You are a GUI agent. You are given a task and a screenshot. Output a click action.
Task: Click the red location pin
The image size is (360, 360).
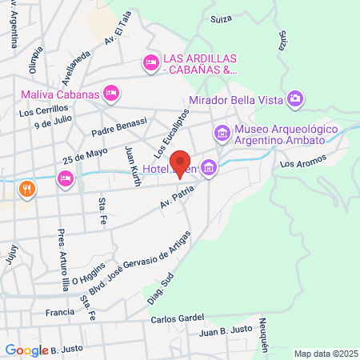pyautogui.click(x=181, y=162)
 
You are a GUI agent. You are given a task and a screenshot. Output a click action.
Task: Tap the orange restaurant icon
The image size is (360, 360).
pyautogui.click(x=27, y=189)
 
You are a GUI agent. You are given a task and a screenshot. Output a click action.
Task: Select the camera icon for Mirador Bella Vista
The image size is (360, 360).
pyautogui.click(x=296, y=98)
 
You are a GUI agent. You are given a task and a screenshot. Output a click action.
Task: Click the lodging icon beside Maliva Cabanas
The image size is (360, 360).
pyautogui.click(x=111, y=94)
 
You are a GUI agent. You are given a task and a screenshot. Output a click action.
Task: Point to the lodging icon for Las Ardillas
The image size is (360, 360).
pyautogui.click(x=150, y=62)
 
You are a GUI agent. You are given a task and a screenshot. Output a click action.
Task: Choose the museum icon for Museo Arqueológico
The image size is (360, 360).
pyautogui.click(x=222, y=132)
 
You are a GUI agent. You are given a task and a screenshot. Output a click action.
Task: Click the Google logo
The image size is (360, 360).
pyautogui.click(x=26, y=350)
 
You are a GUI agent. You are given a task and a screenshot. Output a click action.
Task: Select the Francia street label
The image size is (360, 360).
pyautogui.click(x=60, y=312)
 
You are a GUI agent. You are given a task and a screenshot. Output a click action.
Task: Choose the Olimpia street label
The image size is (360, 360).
pyautogui.click(x=35, y=58)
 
